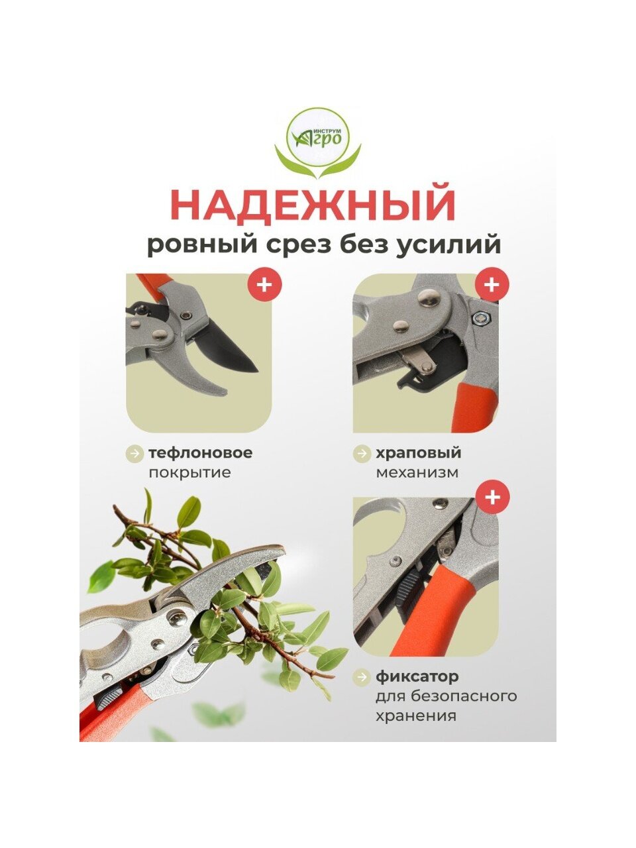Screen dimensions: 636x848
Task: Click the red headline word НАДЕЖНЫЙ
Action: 313,204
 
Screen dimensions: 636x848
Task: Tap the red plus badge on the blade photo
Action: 264,286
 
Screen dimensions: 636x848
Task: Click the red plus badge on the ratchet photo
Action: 492,286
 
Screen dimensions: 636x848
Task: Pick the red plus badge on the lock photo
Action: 492,498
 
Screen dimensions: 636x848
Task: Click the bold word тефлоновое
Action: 201,452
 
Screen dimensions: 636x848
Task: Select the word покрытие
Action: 189,472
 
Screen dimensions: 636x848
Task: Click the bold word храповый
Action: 419,452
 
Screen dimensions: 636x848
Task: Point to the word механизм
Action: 417,472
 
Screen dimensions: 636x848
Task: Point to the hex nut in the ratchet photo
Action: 480,317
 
